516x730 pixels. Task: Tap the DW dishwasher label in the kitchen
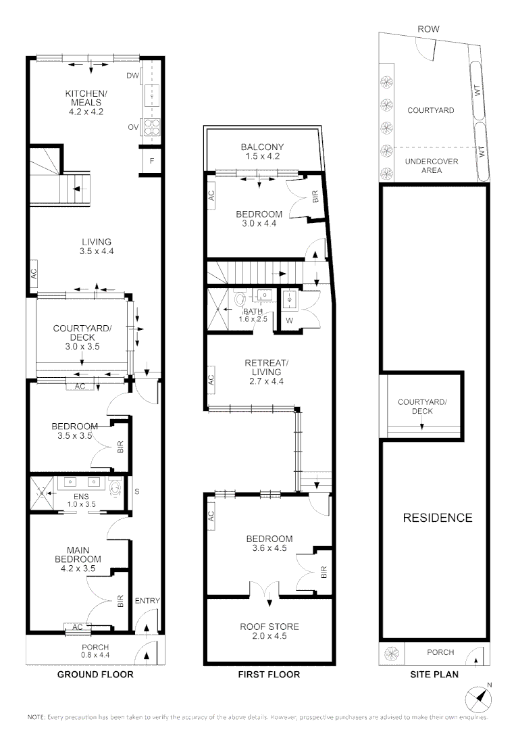click(x=132, y=76)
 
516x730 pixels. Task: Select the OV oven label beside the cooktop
click(x=133, y=126)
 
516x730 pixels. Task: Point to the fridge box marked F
click(x=152, y=161)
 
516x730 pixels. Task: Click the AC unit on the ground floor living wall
click(x=32, y=273)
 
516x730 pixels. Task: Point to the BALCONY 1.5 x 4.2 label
click(x=262, y=151)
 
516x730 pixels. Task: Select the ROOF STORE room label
click(x=269, y=631)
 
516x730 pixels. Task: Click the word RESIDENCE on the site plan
click(x=437, y=518)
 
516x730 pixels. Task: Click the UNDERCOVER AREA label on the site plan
click(x=431, y=166)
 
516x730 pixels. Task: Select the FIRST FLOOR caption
click(x=269, y=674)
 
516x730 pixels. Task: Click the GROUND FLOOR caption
click(x=95, y=674)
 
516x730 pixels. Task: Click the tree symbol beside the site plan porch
click(x=391, y=652)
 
